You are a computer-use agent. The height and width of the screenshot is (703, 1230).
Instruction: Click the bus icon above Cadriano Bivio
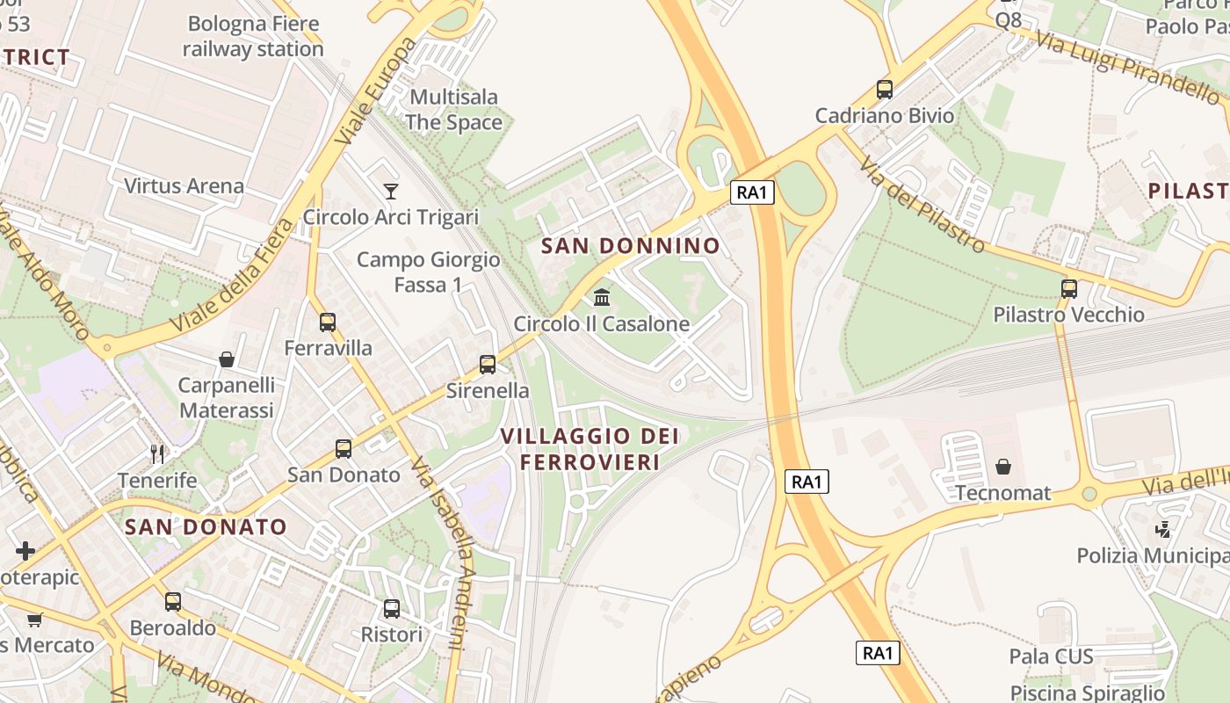(885, 90)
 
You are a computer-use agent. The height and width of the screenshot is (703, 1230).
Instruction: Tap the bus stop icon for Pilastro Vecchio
(1069, 288)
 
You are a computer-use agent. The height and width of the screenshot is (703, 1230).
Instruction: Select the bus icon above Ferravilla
(328, 323)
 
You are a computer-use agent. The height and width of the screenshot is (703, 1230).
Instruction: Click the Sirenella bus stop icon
(488, 365)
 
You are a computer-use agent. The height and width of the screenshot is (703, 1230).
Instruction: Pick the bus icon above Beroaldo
(173, 602)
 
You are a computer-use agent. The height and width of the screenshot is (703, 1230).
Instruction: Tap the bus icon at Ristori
(392, 608)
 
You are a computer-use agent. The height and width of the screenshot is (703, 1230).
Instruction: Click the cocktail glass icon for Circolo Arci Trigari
(391, 191)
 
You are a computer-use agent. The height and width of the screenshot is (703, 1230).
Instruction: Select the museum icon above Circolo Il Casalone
(602, 297)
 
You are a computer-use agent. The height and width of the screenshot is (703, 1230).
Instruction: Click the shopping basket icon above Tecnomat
(1003, 467)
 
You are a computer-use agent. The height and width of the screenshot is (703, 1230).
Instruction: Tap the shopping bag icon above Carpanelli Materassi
(227, 359)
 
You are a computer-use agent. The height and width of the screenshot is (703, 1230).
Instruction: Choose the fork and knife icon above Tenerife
(157, 454)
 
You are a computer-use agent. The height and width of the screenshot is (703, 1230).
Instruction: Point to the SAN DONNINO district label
(631, 246)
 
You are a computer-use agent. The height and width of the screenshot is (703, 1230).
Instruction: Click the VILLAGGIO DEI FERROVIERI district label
(590, 448)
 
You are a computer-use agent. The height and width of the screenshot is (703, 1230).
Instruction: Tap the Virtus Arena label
(184, 186)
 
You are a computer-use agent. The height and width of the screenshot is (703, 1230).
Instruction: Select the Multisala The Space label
(454, 110)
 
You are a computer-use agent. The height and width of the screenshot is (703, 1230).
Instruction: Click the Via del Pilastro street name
(922, 204)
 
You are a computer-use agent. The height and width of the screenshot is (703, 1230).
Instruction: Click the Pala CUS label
(1051, 656)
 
